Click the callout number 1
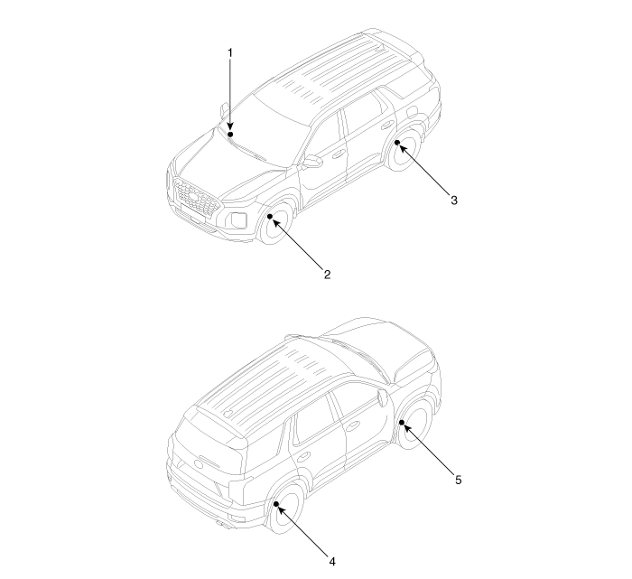tap(229, 52)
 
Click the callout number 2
tap(327, 274)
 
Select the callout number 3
tap(454, 201)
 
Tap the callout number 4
tap(331, 561)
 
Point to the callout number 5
tap(458, 481)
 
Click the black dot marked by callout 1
tap(230, 133)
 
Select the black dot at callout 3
tap(396, 142)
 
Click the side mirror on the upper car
tap(312, 162)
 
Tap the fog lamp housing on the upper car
tap(236, 220)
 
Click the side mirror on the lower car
tap(385, 398)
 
